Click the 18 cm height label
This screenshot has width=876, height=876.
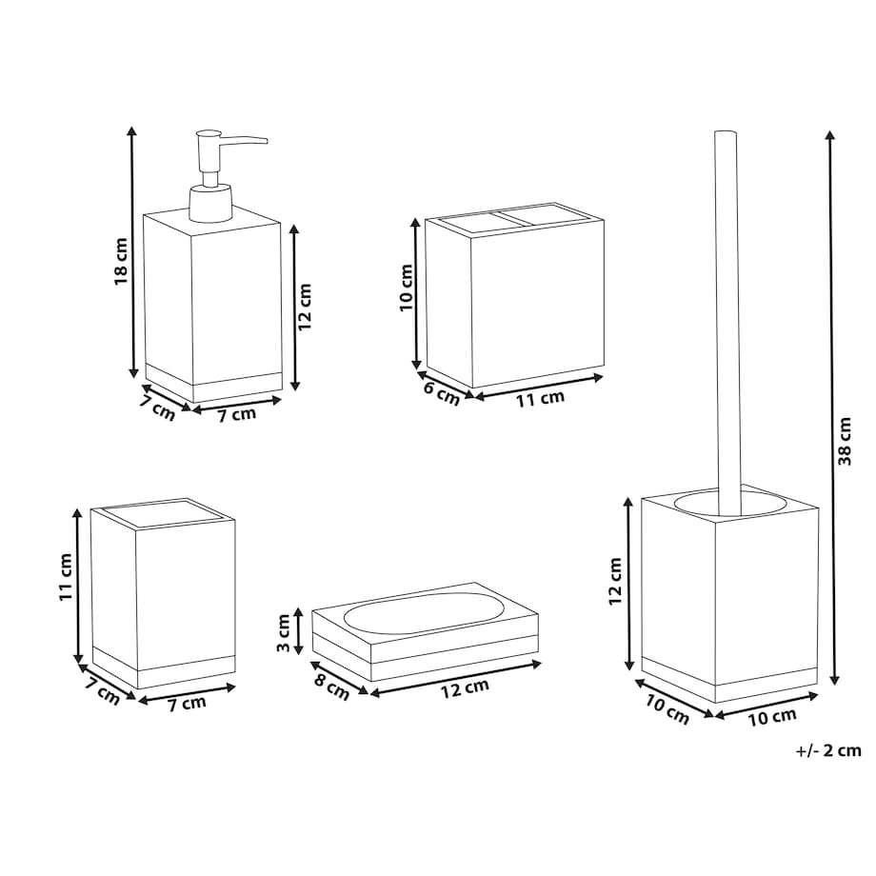click(x=121, y=261)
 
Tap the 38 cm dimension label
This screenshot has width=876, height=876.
click(x=845, y=442)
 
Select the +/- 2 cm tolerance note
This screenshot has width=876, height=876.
click(x=828, y=750)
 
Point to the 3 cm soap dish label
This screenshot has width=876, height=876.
click(x=284, y=632)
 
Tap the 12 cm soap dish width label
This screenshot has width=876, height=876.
click(x=465, y=688)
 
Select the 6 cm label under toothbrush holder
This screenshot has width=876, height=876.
click(x=442, y=393)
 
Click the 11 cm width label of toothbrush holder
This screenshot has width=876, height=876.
click(x=540, y=398)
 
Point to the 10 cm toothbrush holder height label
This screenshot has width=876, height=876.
click(x=407, y=288)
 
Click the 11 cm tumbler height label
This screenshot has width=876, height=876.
click(x=66, y=577)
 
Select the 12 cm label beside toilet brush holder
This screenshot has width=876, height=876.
click(x=615, y=581)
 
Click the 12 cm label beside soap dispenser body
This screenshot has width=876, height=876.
click(x=305, y=307)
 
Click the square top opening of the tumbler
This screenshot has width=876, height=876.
click(x=163, y=513)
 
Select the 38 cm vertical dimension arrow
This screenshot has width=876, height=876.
click(x=831, y=408)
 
